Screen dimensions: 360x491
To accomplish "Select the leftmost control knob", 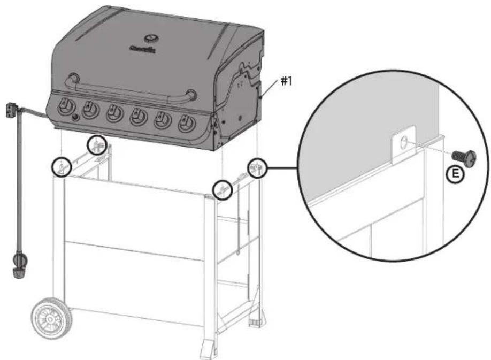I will pyautogui.click(x=65, y=106).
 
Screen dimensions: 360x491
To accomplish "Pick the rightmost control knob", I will pyautogui.click(x=186, y=123).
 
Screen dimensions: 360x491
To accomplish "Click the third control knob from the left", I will pyautogui.click(x=113, y=112).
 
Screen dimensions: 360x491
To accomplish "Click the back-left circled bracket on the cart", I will pyautogui.click(x=96, y=144).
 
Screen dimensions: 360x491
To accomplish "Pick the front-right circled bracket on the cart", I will pyautogui.click(x=223, y=189).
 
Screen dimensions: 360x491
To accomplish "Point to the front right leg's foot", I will pyautogui.click(x=208, y=351).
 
